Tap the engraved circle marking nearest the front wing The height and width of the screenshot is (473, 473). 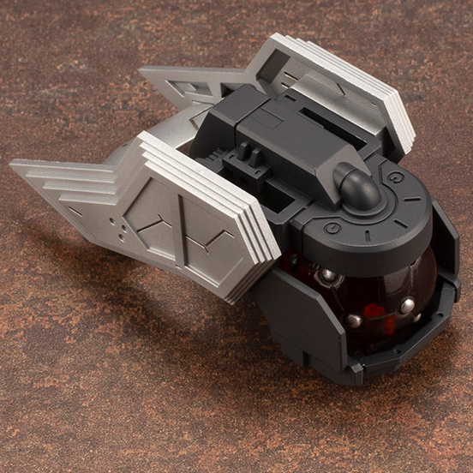point(330,230)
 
